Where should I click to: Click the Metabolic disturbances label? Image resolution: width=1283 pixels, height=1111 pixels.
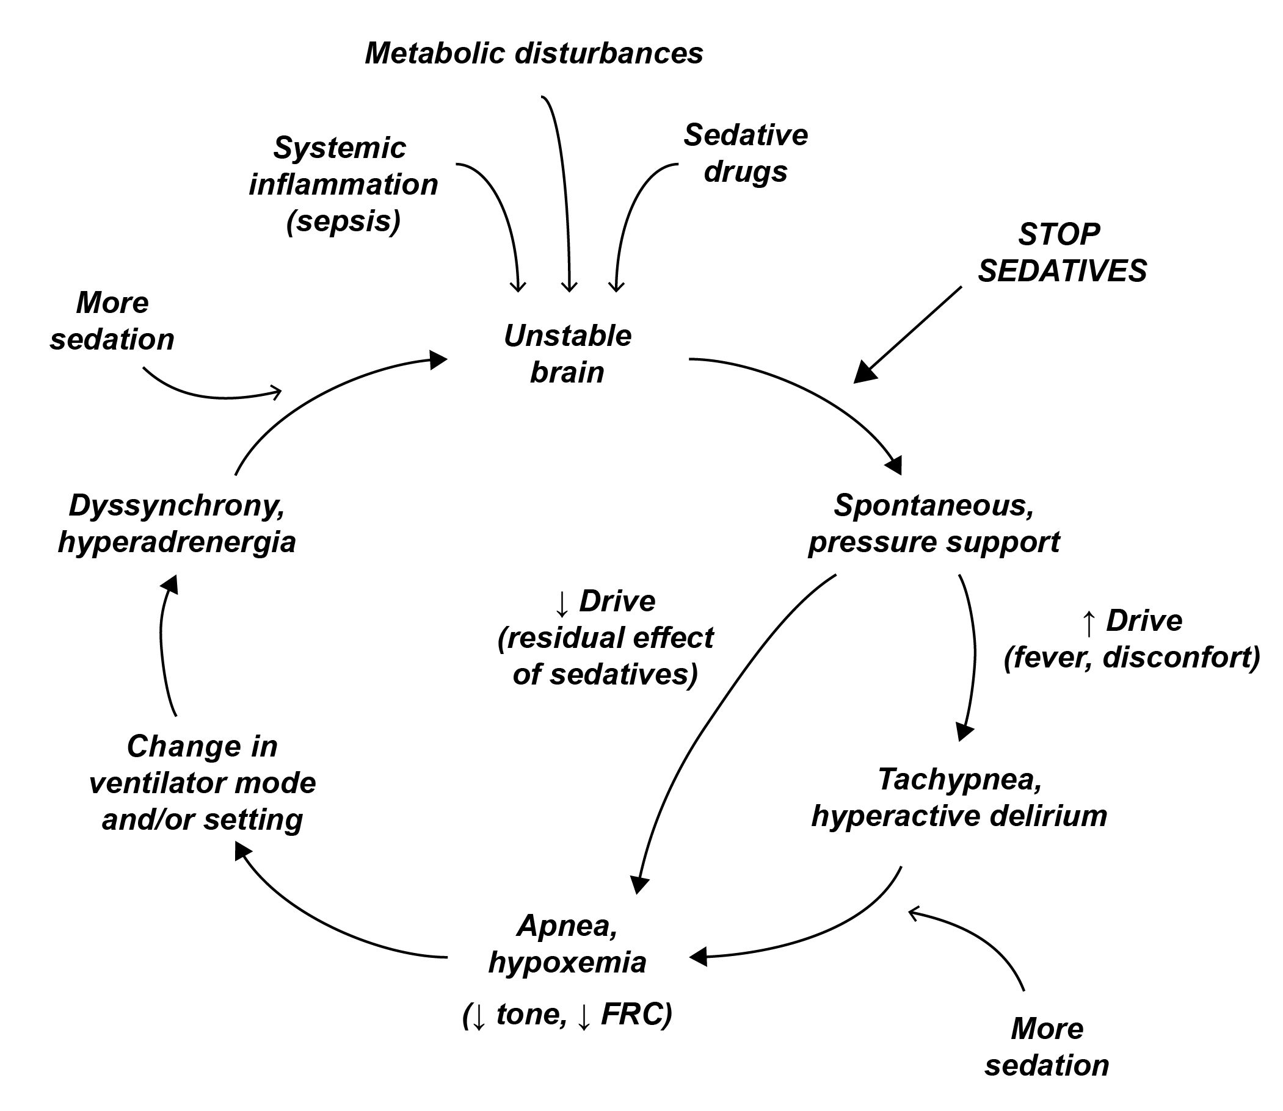coord(534,53)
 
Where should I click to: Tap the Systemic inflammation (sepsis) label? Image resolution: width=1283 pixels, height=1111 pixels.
coord(343,184)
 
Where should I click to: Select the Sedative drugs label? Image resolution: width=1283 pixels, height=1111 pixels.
coord(746,153)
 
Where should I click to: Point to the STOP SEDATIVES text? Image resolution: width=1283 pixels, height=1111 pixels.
coord(1061,253)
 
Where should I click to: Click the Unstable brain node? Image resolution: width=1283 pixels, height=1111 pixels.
coord(567,354)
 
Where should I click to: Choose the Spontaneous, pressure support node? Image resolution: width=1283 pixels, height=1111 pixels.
coord(934,524)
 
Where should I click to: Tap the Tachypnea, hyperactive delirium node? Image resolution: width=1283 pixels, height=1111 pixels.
coord(959,797)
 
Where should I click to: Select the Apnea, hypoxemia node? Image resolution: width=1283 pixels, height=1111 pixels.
coord(567,944)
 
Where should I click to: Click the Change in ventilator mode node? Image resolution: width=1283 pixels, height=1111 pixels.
coord(202,782)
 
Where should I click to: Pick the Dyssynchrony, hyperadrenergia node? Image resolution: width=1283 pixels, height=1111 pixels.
coord(177,524)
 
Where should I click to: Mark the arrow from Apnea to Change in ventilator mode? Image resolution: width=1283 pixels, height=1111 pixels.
coord(322,924)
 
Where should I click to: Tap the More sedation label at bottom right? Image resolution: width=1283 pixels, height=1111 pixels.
coord(1047,1047)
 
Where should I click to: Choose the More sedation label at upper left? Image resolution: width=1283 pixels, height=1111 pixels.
coord(112,321)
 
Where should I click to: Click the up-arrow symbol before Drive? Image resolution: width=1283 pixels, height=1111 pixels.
coord(1089,622)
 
